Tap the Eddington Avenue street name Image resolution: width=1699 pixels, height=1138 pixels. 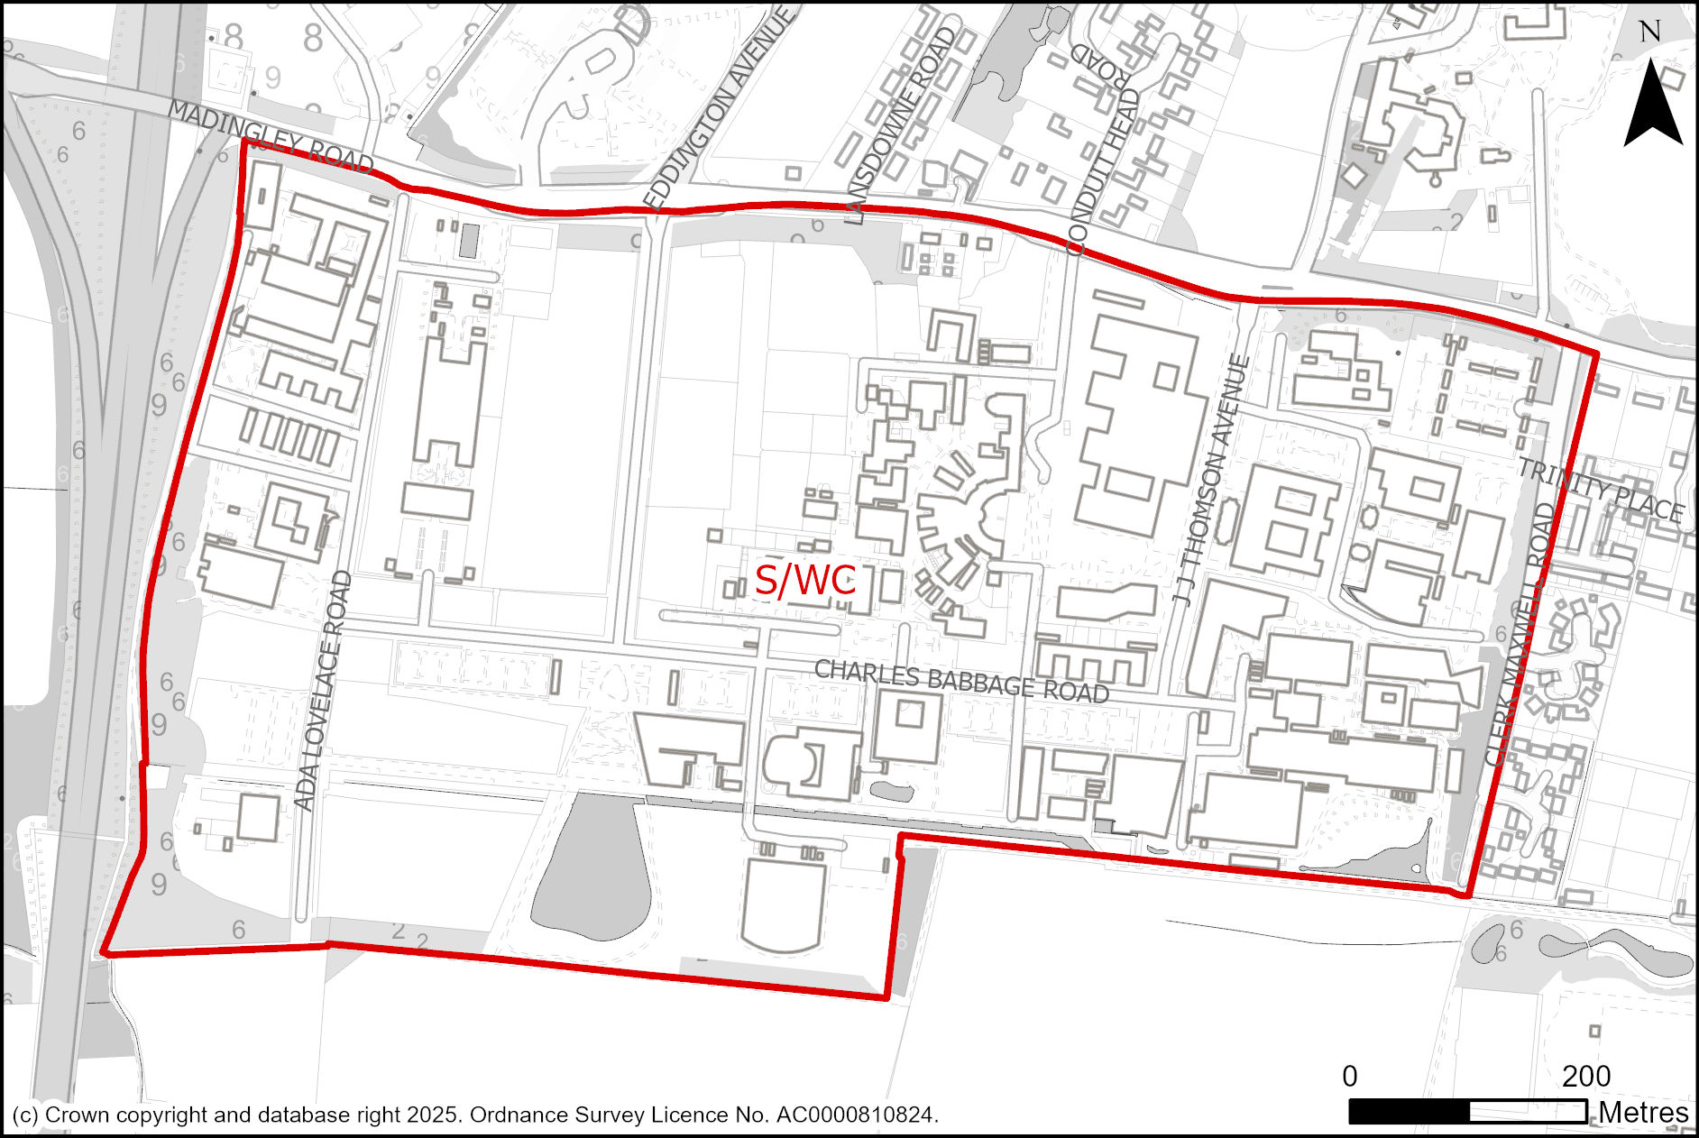pyautogui.click(x=718, y=108)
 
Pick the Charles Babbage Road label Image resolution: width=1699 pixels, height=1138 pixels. pyautogui.click(x=961, y=681)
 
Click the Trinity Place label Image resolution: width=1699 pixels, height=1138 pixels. pyautogui.click(x=1600, y=491)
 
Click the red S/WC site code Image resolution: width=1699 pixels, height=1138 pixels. pyautogui.click(x=804, y=581)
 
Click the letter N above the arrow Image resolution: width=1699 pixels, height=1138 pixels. pyautogui.click(x=1649, y=32)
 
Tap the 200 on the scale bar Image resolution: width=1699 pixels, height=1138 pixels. pyautogui.click(x=1585, y=1076)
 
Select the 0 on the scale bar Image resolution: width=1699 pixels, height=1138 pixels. pyautogui.click(x=1349, y=1076)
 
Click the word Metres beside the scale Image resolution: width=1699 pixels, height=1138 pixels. pyautogui.click(x=1643, y=1112)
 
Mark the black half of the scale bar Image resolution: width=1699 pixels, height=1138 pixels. pyautogui.click(x=1409, y=1112)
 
